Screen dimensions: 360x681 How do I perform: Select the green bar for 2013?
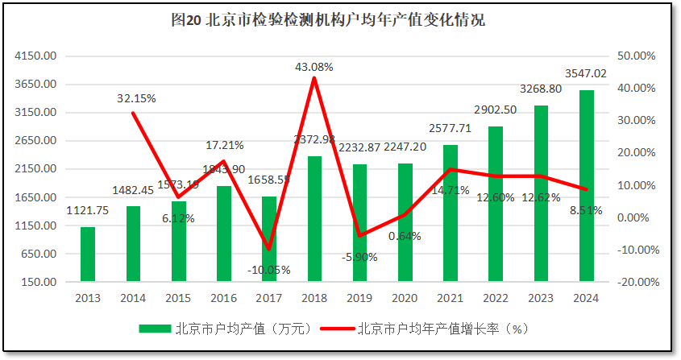coord(88,254)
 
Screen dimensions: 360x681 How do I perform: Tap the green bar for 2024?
coord(586,185)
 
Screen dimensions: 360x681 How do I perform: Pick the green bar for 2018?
coord(314,218)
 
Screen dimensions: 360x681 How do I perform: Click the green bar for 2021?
coord(451,213)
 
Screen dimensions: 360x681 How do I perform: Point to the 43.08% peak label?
coord(314,68)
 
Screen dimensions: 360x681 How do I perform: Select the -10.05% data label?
coord(269,270)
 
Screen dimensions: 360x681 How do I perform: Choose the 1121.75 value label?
coord(88,211)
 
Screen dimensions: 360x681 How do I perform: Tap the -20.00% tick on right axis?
coord(635,282)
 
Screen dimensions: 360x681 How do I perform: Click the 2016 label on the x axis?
coord(224,299)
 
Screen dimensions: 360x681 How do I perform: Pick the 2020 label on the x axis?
coord(405,299)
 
